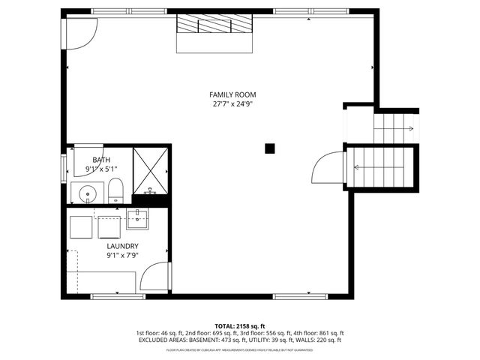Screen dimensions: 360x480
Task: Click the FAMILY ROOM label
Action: [x=232, y=94]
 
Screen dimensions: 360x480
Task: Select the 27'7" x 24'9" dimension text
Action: [x=232, y=104]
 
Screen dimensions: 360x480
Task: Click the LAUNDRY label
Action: [x=122, y=246]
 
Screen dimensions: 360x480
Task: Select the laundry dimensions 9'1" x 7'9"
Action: [x=122, y=255]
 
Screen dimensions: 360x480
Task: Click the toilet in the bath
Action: [x=115, y=191]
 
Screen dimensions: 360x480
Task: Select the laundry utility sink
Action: [x=137, y=220]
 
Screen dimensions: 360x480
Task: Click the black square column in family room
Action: [x=270, y=148]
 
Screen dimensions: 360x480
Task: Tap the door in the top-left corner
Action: [x=79, y=31]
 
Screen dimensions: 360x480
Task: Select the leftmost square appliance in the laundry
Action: [x=79, y=227]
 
